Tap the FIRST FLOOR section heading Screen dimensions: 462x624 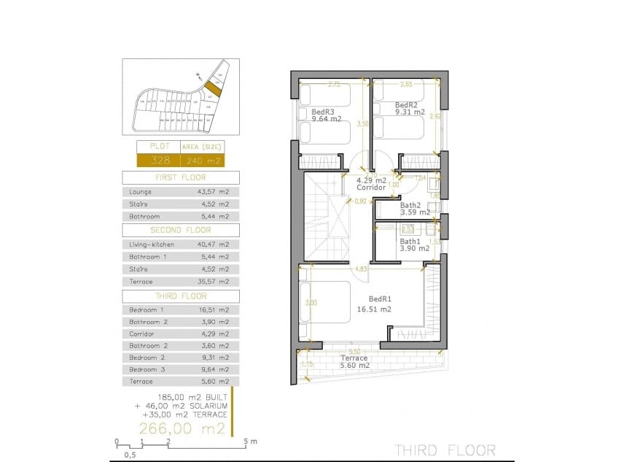[x=180, y=177]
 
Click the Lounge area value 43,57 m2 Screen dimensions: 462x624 [x=214, y=191]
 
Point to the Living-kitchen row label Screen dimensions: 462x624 [x=151, y=245]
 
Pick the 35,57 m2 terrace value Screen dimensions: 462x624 [x=214, y=281]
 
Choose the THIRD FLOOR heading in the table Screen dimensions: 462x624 [x=180, y=296]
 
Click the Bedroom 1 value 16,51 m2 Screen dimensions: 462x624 [x=214, y=309]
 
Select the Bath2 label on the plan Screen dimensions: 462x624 [x=410, y=206]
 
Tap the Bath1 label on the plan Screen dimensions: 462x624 [x=410, y=242]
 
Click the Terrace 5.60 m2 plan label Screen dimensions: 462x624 [x=354, y=362]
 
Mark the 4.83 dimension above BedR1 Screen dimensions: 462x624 [x=360, y=269]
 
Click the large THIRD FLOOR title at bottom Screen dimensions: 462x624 [x=445, y=450]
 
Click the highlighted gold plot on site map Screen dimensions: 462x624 [x=211, y=90]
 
